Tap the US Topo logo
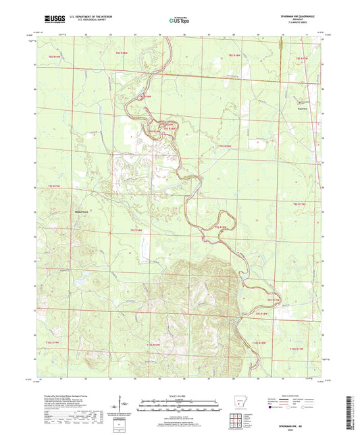pyautogui.click(x=178, y=20)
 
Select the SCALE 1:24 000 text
pyautogui.click(x=180, y=396)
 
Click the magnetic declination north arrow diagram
pyautogui.click(x=124, y=407)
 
